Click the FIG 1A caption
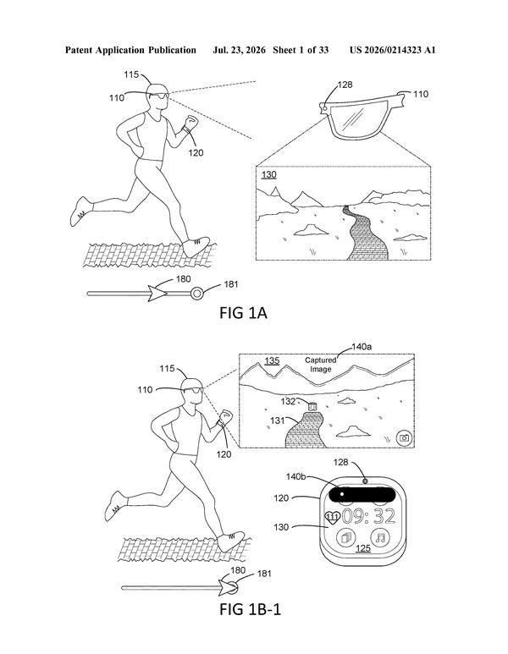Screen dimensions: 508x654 coord(243,312)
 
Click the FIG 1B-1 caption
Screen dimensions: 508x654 coord(250,609)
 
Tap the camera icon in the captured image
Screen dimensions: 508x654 coord(404,437)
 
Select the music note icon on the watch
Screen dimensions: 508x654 coord(380,537)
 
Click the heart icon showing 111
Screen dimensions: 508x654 coord(332,518)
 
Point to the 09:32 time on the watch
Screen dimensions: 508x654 coord(368,516)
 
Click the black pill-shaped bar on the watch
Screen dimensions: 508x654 coord(362,494)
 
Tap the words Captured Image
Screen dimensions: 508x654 coord(321,365)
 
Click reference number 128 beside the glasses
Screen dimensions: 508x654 coord(345,85)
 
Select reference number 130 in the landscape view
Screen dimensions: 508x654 coord(269,174)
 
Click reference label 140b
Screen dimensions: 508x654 coord(296,476)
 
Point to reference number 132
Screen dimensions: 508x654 coord(289,401)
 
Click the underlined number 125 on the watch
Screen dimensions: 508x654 coord(362,547)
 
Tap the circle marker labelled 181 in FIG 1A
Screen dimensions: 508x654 coord(196,294)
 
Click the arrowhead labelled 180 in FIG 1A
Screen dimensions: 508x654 coord(157,294)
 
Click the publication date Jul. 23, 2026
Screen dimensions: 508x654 coord(239,50)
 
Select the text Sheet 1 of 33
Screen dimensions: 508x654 coord(301,50)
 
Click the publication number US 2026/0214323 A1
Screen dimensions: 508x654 coord(392,50)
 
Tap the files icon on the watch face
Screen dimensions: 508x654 coord(345,537)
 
